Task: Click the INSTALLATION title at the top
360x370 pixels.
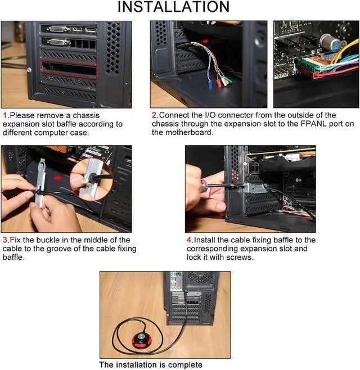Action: (x=173, y=7)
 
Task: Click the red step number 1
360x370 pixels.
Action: (x=5, y=115)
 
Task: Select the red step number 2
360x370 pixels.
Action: (x=155, y=115)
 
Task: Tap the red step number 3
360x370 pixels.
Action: (x=5, y=240)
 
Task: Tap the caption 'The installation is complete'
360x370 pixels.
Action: (x=151, y=364)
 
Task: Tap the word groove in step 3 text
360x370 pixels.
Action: (x=57, y=249)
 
